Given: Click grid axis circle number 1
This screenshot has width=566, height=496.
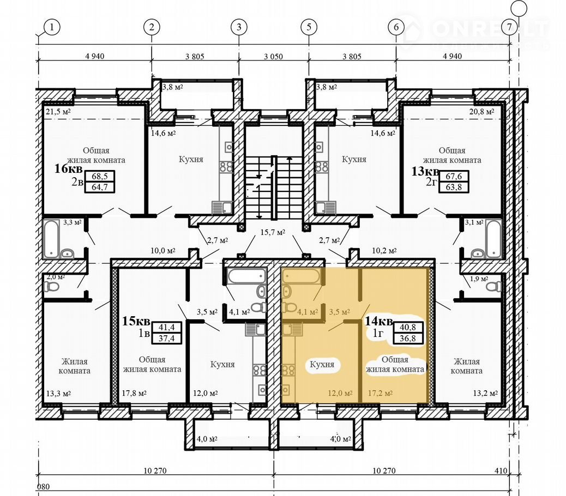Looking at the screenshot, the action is pos(52,27).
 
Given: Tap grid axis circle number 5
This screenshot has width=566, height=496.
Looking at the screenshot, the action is pos(309,27).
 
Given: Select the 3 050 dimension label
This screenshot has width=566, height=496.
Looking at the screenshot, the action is pos(273,57).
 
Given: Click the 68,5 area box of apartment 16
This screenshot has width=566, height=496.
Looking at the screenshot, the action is pos(100,177).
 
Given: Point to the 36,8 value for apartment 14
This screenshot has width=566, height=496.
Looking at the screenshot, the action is pos(407,338).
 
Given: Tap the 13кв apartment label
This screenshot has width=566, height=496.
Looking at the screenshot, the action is pos(425,171).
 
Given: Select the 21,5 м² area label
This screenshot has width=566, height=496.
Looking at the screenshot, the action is pos(58,112).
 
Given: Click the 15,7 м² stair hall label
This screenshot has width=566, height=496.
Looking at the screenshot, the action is pos(273,232).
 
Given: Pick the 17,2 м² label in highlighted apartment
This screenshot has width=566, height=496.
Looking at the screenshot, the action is pos(380,393).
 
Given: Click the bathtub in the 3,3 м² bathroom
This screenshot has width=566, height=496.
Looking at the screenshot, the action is pos(51,238).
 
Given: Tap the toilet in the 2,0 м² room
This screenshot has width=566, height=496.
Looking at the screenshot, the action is pos(51,287).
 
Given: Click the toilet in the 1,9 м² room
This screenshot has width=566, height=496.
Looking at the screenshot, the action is pos(493,286).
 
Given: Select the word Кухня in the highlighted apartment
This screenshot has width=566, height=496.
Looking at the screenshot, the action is pos(322,365).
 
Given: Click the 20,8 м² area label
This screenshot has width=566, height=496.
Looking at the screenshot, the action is pos(481,112).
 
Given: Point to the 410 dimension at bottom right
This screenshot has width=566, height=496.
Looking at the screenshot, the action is pos(501,471).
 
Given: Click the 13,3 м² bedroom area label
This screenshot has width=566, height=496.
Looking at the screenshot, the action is pos(58,393).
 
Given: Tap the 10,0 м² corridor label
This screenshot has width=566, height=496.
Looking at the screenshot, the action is pos(163,250).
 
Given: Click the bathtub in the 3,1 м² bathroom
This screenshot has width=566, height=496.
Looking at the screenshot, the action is pos(493,238).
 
